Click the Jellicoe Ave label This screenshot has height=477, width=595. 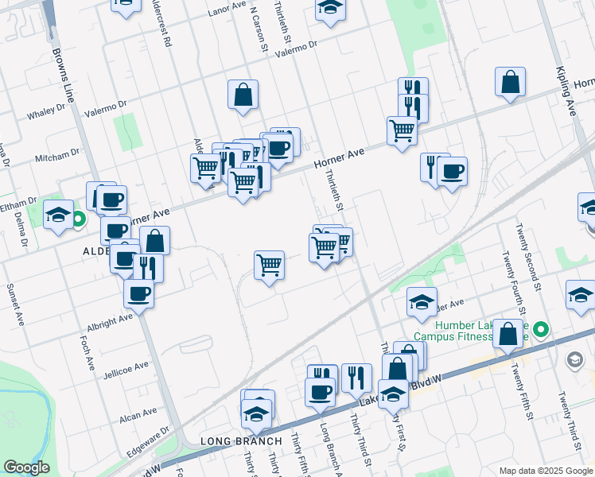[x=126, y=367]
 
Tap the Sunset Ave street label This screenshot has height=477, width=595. [x=15, y=304]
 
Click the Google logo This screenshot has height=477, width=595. [x=27, y=467]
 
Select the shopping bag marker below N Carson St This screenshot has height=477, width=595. [x=243, y=94]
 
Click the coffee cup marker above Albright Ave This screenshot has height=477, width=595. [x=138, y=293]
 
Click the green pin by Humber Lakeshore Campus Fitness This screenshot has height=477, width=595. [x=541, y=328]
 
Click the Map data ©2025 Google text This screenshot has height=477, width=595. [x=545, y=471]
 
